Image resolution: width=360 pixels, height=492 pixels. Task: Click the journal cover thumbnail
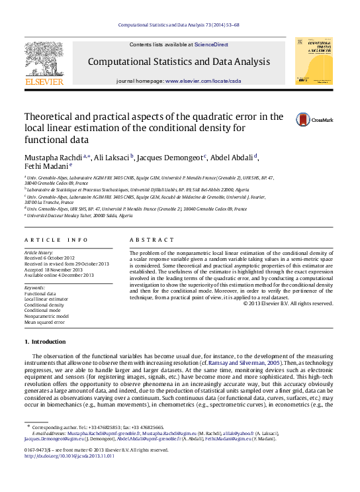click(314, 60)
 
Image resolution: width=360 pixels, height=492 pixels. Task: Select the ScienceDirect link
click(211, 44)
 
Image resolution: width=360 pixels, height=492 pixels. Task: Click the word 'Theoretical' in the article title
click(52, 117)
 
